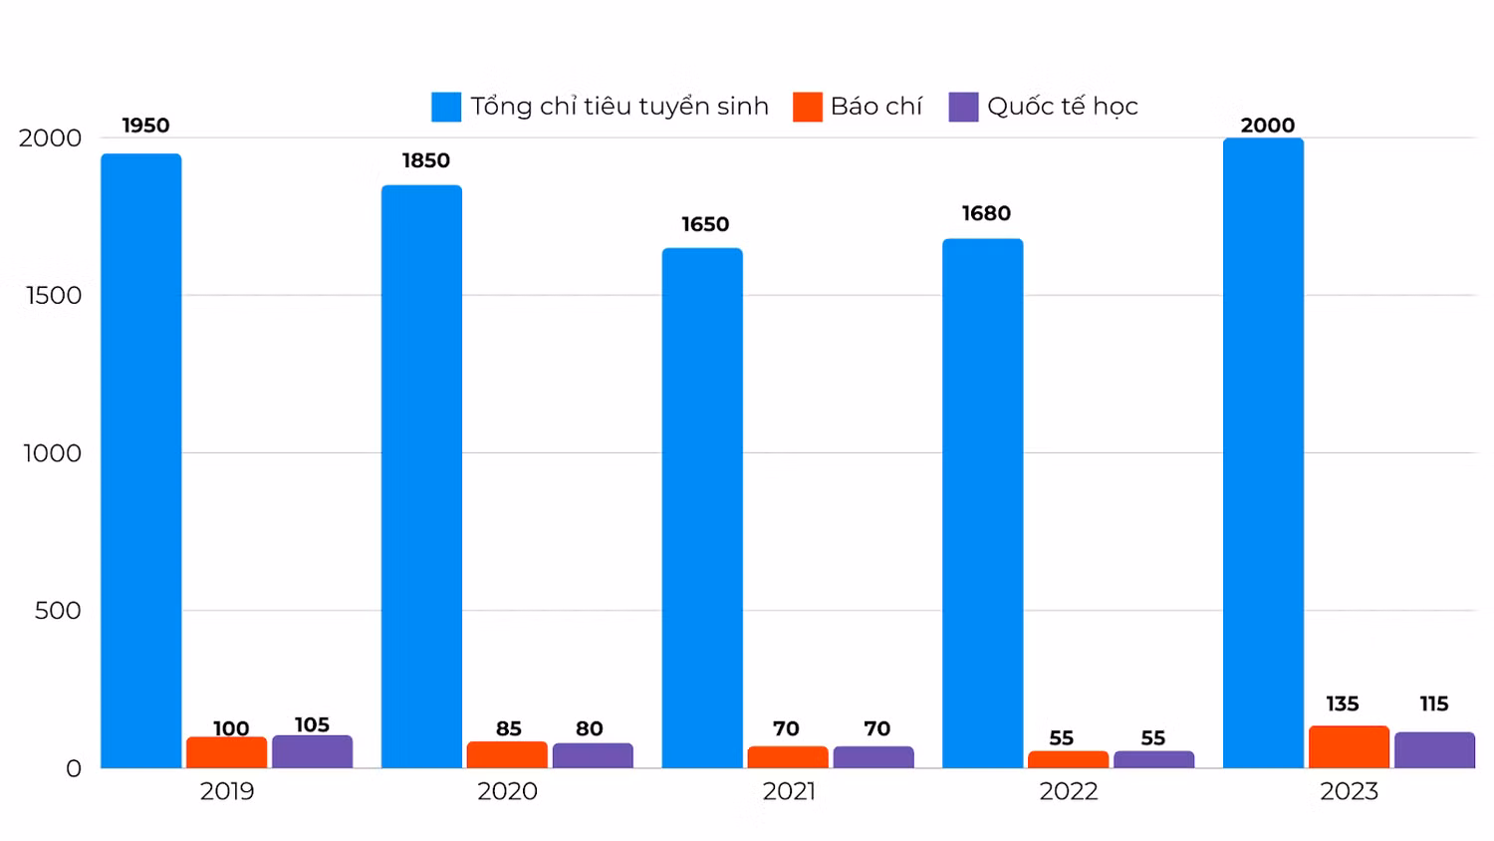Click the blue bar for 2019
(140, 460)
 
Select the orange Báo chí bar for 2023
(1349, 747)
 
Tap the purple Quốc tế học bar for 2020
(593, 755)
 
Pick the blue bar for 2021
(702, 508)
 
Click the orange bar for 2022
(1068, 759)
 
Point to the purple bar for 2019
(312, 751)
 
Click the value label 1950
(145, 125)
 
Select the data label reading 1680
(986, 213)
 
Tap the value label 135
(1342, 703)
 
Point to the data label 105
(312, 724)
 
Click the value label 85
(508, 728)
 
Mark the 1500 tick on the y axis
(54, 295)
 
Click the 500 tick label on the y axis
(58, 610)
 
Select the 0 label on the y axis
(74, 768)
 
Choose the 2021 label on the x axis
(789, 791)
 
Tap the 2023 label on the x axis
(1349, 791)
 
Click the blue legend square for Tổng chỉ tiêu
(446, 107)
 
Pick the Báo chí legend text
(876, 107)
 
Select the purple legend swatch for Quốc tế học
(963, 107)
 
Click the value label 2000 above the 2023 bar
(1267, 125)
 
